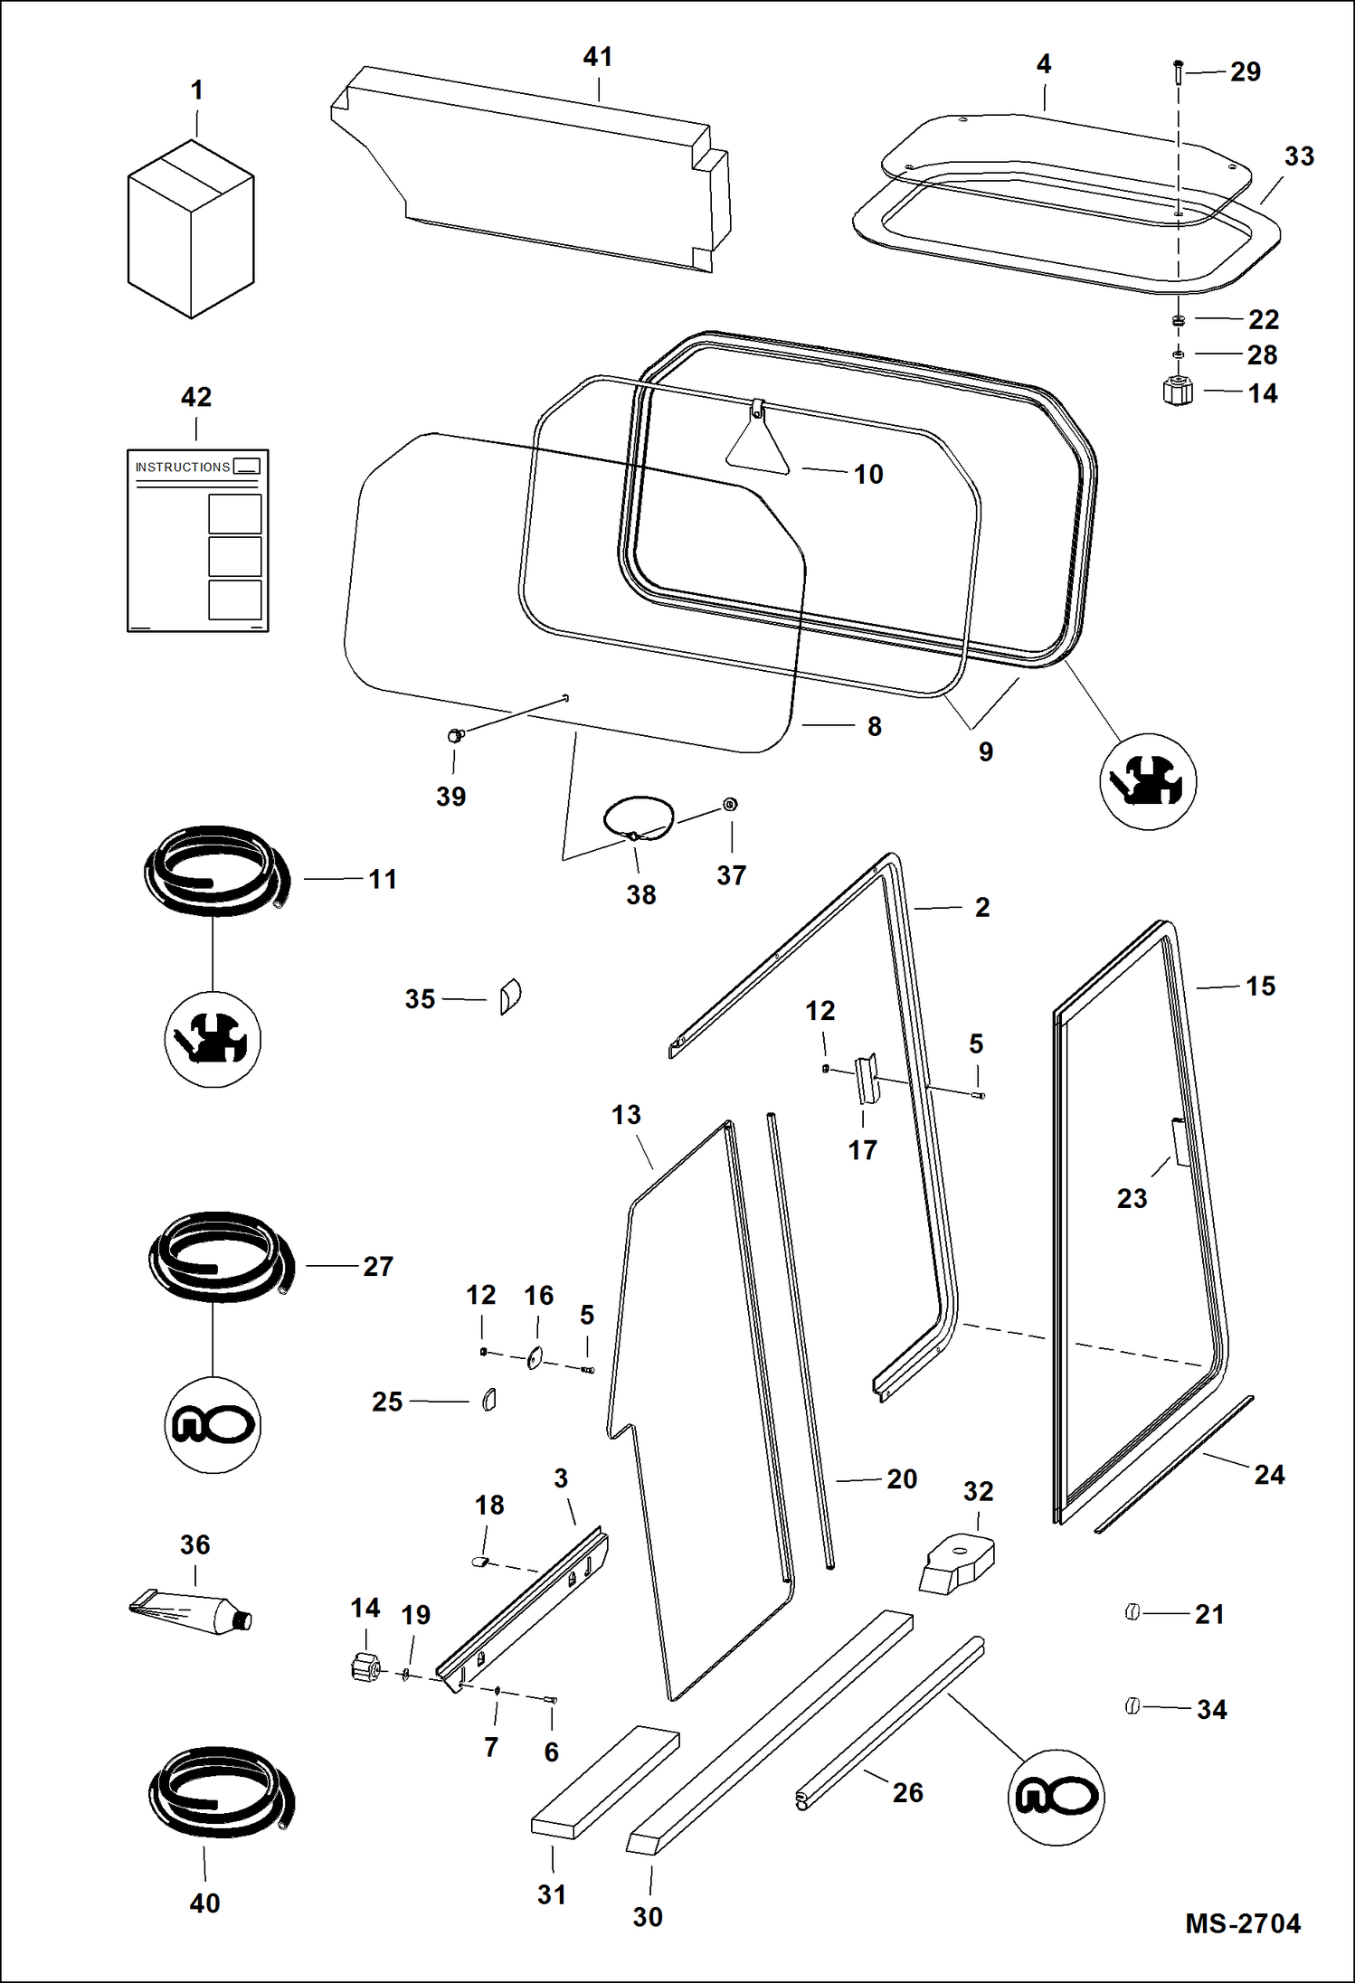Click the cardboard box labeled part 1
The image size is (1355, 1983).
[191, 231]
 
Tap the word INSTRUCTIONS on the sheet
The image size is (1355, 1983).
[183, 467]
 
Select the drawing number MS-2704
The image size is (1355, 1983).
[1242, 1923]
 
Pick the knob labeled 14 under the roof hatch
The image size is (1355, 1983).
[1177, 392]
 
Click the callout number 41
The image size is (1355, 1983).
[597, 57]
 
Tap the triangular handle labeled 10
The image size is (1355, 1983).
[757, 444]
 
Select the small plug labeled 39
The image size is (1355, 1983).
[455, 735]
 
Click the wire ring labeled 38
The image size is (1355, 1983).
[639, 818]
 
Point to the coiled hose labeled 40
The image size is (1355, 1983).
[221, 1793]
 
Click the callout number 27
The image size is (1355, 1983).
[378, 1266]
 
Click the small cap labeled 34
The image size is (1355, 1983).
[1132, 1706]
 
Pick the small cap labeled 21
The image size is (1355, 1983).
[1132, 1612]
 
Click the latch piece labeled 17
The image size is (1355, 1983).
[867, 1080]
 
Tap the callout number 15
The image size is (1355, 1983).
[1260, 986]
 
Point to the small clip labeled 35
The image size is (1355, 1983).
[510, 996]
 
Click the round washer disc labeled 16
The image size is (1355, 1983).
[535, 1357]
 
